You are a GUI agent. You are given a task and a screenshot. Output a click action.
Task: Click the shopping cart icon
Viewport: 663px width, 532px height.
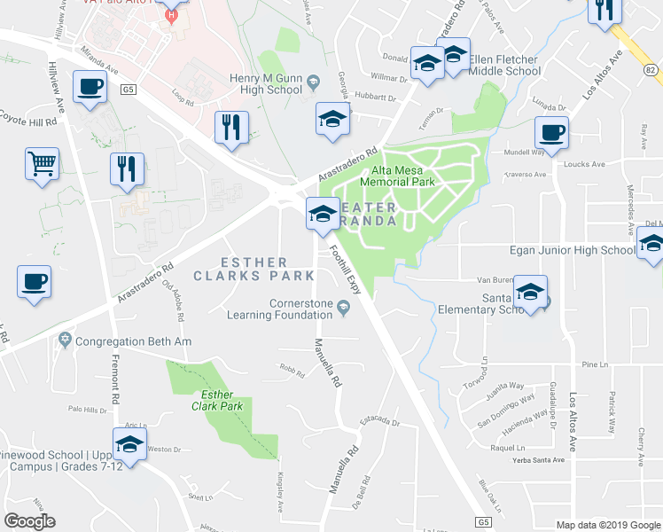pos(42,164)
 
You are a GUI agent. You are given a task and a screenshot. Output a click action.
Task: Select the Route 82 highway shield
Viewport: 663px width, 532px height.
pos(650,69)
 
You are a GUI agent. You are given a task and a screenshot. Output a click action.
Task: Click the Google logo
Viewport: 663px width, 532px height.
pos(29,521)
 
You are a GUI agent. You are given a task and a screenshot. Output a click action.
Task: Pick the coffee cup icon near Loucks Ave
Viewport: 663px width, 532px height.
pos(550,133)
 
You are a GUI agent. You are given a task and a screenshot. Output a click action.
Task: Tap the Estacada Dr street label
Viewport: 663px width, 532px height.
pos(380,422)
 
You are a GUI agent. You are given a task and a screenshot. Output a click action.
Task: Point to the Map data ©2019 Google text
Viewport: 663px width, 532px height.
pos(606,524)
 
